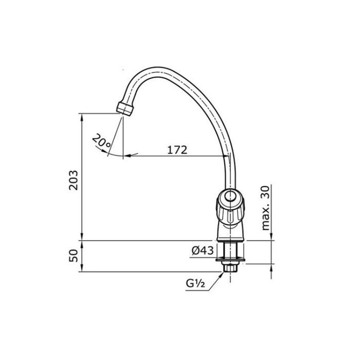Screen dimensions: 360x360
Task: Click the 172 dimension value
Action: tap(177, 150)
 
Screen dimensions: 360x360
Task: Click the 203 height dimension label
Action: tap(74, 180)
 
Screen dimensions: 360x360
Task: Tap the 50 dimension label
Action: tap(74, 256)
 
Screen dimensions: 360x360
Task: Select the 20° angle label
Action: tap(101, 140)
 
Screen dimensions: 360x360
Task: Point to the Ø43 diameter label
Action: tap(203, 250)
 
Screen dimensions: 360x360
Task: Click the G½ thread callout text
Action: tap(195, 284)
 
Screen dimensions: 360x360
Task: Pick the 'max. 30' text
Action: tap(265, 208)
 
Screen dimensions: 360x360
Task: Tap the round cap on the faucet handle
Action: tap(229, 197)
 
